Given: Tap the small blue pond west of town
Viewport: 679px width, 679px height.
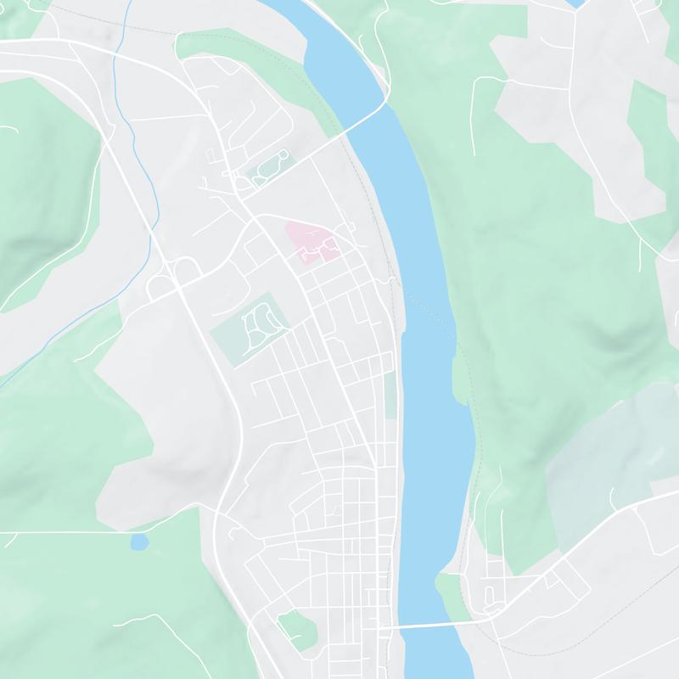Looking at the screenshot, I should (138, 541).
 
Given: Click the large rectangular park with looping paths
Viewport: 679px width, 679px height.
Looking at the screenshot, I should (250, 329).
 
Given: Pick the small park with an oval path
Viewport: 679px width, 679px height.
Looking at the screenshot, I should (268, 166).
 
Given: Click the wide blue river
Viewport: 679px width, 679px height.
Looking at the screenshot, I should (429, 339).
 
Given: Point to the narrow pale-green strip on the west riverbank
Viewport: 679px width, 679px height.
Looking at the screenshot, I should (390, 395).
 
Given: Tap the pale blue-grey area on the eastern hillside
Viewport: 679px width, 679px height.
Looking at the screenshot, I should (611, 450).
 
